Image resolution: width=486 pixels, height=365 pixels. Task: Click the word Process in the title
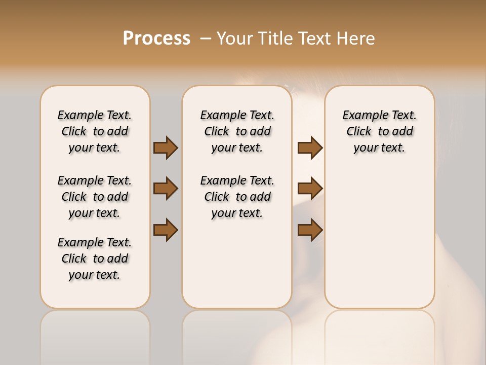click(156, 39)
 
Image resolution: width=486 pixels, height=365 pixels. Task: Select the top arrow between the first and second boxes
click(166, 148)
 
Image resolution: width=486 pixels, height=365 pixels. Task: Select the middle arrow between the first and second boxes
click(166, 189)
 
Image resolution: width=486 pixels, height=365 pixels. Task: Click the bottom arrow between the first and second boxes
click(166, 230)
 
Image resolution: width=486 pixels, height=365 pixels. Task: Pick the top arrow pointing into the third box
click(310, 148)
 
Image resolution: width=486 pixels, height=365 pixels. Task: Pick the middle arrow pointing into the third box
click(310, 189)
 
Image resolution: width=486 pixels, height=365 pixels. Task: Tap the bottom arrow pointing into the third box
click(310, 230)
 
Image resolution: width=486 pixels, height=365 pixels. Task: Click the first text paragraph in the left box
click(95, 131)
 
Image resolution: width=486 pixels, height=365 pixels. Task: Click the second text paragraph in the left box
click(95, 197)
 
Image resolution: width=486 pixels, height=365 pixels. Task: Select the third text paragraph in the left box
click(95, 259)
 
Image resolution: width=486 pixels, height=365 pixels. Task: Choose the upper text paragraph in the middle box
click(237, 131)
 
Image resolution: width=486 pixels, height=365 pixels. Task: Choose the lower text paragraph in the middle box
click(237, 197)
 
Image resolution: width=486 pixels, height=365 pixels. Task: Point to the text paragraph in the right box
click(380, 131)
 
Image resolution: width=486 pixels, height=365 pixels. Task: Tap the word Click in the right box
click(359, 132)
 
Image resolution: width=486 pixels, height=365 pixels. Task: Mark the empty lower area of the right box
click(380, 233)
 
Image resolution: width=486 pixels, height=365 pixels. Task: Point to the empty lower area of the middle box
click(237, 264)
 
